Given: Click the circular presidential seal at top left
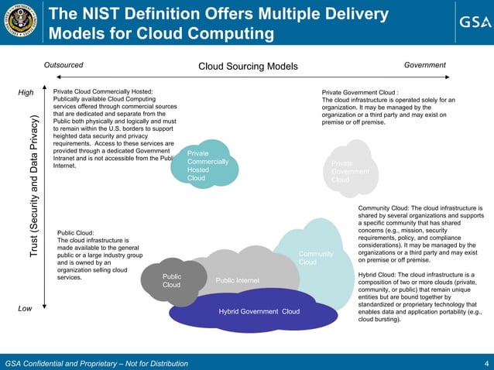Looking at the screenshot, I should [22, 22].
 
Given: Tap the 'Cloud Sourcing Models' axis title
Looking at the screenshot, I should [248, 66].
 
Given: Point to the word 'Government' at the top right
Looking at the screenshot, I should [425, 66].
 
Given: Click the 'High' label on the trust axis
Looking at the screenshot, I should [26, 93].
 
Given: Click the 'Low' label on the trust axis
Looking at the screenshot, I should [26, 309].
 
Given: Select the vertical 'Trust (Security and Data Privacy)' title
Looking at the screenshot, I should [34, 187].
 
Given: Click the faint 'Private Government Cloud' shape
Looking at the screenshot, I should [351, 170].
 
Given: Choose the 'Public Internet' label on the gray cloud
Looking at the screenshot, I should [237, 280].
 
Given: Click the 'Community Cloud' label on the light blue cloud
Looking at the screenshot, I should [315, 258].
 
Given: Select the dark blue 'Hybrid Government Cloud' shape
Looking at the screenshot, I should [259, 311].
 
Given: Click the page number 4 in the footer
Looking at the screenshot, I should [485, 363].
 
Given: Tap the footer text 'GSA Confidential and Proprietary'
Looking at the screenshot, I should [70, 363].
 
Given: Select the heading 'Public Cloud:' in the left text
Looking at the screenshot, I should [76, 231].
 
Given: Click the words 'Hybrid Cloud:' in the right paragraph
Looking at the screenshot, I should [381, 274].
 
